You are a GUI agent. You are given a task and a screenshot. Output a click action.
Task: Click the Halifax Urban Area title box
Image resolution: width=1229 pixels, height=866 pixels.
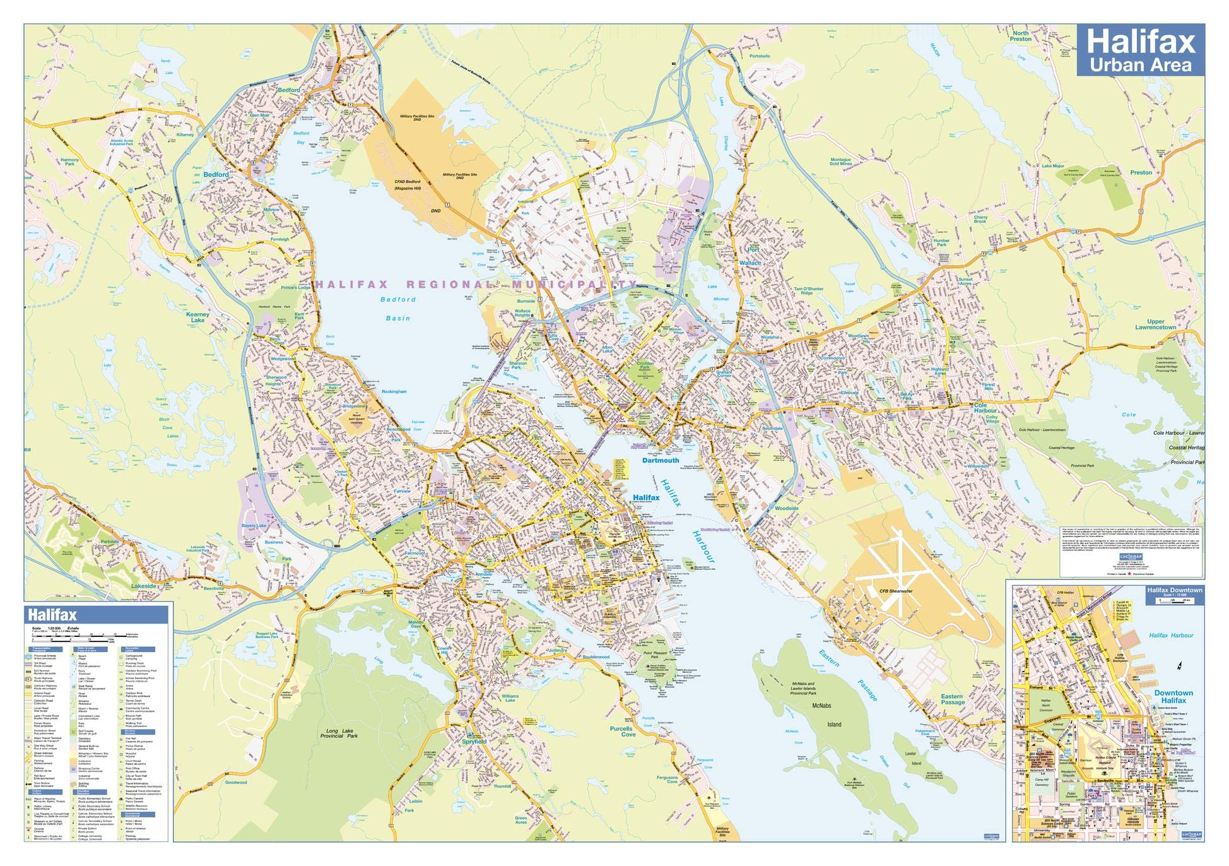(1140, 51)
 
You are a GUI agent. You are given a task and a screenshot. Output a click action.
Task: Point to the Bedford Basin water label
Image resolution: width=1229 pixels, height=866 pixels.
(398, 309)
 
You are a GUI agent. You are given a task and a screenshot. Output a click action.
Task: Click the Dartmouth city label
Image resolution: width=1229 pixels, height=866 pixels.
(661, 461)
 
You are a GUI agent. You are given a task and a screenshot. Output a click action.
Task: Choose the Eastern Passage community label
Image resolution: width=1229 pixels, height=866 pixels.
(952, 699)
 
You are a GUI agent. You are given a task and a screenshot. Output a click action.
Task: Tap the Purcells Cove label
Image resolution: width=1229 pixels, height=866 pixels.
(622, 732)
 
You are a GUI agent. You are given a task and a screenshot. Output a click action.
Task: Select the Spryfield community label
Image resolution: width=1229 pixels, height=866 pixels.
(474, 742)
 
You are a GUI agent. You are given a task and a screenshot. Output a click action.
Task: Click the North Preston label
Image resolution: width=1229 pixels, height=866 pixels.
(1020, 36)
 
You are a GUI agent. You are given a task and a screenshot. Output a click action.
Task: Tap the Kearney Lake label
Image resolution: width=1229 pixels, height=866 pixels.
(197, 317)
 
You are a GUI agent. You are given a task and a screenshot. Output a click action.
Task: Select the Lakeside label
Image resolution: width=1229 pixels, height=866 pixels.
(144, 586)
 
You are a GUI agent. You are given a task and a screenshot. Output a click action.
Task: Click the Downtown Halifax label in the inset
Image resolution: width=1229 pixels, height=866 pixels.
(1173, 696)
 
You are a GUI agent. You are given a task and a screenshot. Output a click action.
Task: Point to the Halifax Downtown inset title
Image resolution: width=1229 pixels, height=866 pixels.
(1174, 590)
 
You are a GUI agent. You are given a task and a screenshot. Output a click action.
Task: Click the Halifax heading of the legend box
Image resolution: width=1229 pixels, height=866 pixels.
(52, 615)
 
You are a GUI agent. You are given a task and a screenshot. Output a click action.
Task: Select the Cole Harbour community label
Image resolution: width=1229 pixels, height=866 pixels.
(985, 407)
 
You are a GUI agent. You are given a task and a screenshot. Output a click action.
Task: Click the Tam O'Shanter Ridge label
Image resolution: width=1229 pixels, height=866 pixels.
(808, 291)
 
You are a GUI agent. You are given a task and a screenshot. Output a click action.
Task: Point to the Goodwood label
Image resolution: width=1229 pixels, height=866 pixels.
(236, 783)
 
